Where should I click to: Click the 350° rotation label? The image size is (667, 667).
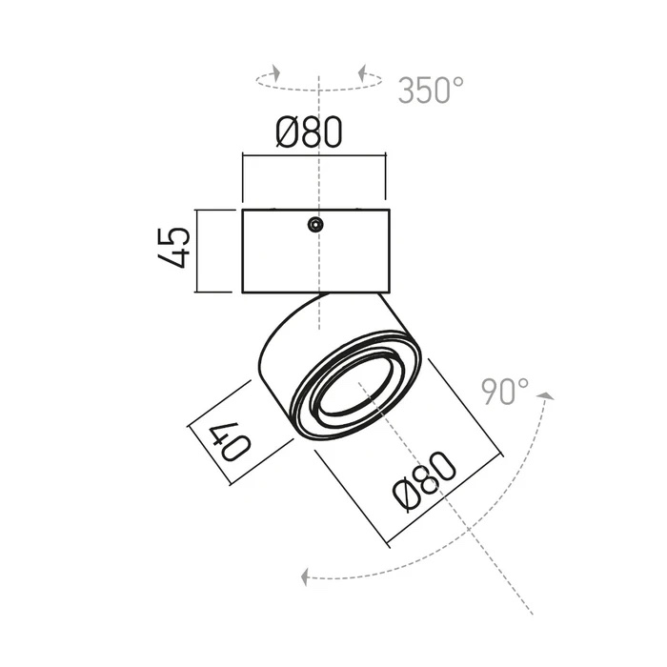(431, 91)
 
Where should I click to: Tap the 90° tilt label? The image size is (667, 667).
(505, 392)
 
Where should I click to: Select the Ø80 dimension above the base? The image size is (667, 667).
(310, 131)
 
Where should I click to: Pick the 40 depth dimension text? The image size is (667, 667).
(230, 441)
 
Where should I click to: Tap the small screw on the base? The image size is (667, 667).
(314, 224)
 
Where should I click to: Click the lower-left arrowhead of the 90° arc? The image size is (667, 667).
(304, 577)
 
